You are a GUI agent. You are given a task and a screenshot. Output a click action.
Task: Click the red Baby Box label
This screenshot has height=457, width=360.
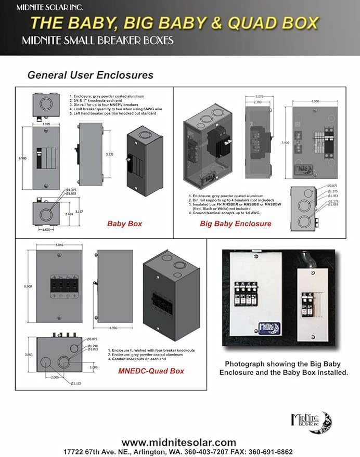coord(124,224)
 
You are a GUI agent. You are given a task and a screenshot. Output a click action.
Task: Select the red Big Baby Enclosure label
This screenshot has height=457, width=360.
coord(236,224)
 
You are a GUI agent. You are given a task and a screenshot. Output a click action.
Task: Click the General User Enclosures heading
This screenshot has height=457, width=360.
coord(90,75)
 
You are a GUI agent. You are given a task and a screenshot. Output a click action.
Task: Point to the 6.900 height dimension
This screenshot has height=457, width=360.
coord(21,157)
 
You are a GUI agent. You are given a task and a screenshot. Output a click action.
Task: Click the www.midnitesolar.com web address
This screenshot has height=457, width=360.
coord(179,442)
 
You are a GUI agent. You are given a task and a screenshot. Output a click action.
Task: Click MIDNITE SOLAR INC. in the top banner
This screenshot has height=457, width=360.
coord(43,8)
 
